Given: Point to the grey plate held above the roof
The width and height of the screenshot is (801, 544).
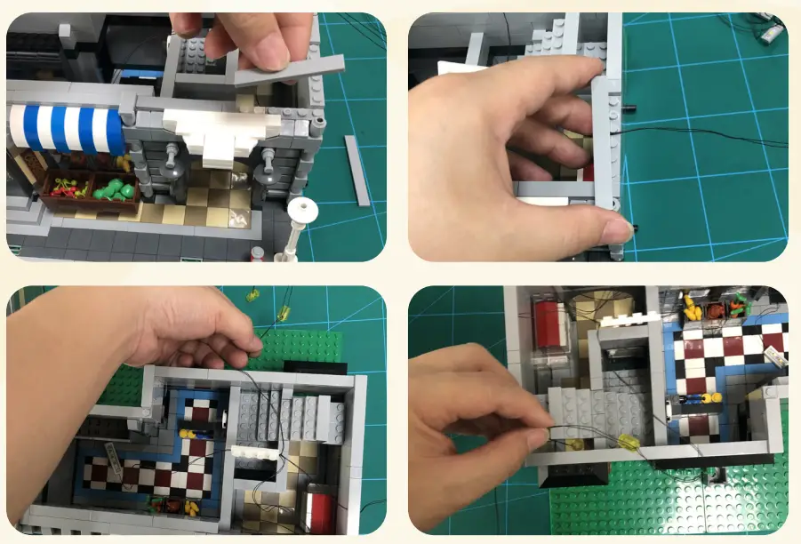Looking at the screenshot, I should pos(289,70).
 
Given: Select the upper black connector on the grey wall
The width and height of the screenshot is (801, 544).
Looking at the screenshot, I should pos(629,109).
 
